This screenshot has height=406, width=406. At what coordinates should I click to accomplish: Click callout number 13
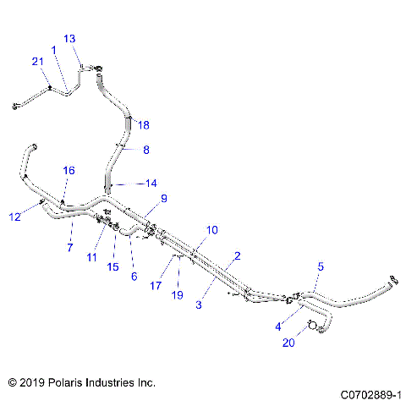69,39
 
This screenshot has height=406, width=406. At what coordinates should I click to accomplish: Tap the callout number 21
37,61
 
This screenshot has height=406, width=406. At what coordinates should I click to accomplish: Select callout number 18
143,125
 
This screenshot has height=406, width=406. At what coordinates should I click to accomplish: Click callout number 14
151,183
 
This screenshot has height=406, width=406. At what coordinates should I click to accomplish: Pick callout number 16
69,170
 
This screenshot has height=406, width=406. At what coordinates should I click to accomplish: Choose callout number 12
14,217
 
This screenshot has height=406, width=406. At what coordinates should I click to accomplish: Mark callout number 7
69,247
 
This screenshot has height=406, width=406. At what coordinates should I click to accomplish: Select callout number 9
163,199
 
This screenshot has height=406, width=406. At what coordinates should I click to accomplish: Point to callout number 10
211,229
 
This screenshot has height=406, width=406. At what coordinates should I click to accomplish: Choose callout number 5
320,267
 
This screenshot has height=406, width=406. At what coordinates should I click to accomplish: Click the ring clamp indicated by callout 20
312,325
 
